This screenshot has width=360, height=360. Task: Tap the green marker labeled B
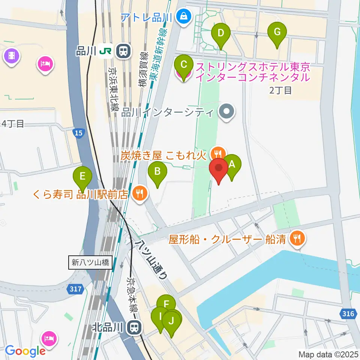157,172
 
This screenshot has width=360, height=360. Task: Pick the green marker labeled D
221,33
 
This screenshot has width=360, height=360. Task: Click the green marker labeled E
82,176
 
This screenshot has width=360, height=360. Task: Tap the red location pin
218,169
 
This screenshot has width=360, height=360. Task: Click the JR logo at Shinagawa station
106,51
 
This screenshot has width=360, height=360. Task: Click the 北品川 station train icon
133,328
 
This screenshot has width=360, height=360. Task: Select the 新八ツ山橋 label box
90,262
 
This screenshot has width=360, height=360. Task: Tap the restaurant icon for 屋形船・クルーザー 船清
298,238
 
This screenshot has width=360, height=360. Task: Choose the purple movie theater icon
12,56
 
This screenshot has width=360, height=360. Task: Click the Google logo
25,351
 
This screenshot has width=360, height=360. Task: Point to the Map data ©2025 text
328,354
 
